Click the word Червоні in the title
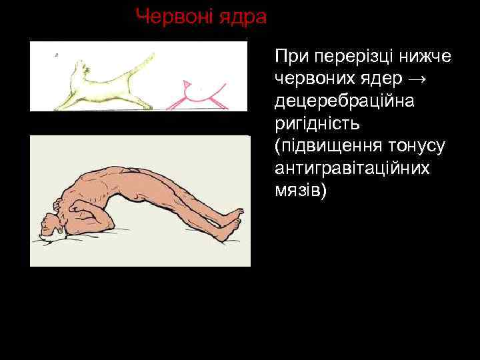[171, 16]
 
